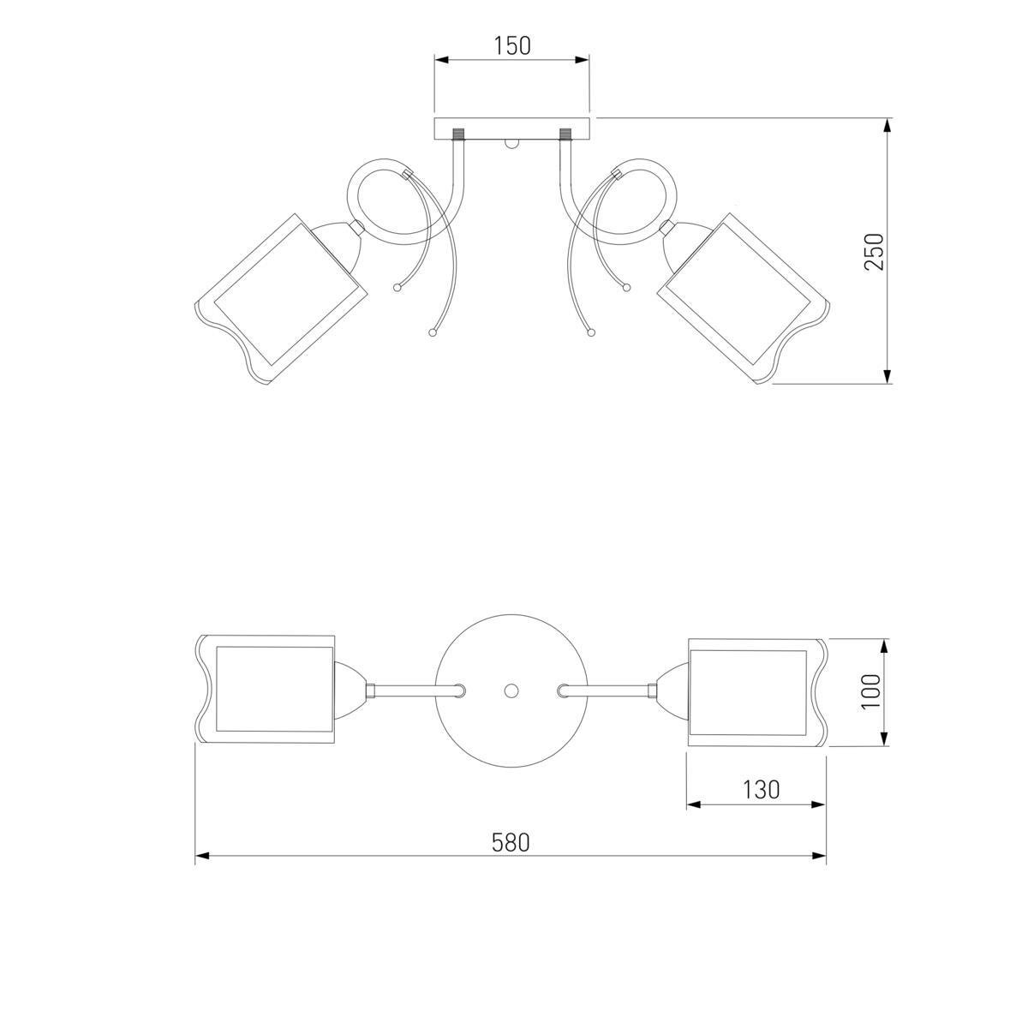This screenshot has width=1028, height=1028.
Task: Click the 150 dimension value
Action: pos(511,46)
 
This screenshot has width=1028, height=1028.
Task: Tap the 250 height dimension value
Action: pos(874,251)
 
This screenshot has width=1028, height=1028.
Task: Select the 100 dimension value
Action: pos(870,691)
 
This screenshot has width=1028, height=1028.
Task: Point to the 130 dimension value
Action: pos(761,790)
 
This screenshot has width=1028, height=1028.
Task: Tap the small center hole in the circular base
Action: pos(511,690)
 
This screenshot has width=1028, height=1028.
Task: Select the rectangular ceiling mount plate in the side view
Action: pos(512,128)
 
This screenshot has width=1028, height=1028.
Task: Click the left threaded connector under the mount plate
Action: pos(459,134)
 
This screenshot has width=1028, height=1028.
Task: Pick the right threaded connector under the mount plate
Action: pos(565,134)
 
